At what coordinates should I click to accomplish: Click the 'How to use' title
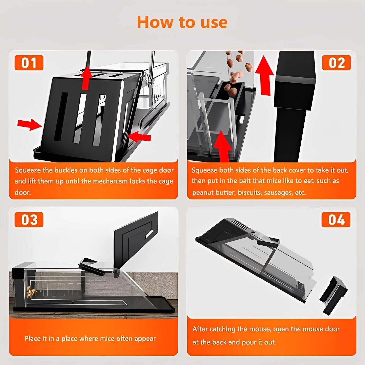pos(182,22)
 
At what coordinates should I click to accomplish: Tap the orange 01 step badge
pos(29,63)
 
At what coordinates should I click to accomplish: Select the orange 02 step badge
pos(336,63)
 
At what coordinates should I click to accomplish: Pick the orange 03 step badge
pos(29,220)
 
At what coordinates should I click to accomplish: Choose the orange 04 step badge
pos(336,220)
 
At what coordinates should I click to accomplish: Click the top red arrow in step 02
pos(264,75)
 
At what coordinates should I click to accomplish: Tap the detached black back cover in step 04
pos(333,295)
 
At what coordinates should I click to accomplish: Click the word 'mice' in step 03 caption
pos(107,339)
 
